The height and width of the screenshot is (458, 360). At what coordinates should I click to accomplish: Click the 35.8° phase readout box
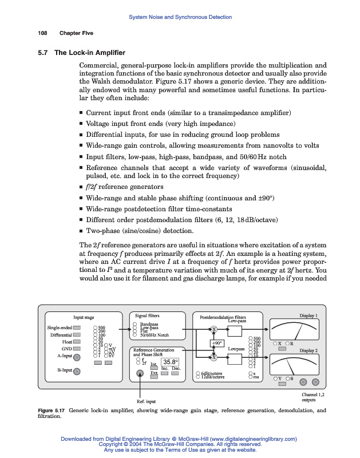pyautogui.click(x=171, y=361)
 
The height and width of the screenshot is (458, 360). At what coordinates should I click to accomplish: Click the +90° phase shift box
pyautogui.click(x=217, y=343)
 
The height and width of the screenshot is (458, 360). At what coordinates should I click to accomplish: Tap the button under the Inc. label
pyautogui.click(x=164, y=373)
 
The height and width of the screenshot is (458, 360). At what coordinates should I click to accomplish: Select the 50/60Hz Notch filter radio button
pyautogui.click(x=135, y=335)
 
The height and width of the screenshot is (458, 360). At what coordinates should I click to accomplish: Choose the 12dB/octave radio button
pyautogui.click(x=198, y=377)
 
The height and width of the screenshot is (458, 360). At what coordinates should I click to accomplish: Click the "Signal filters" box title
pyautogui.click(x=147, y=315)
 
